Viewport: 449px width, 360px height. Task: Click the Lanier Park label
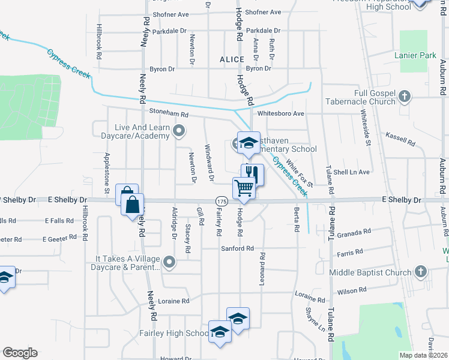415,55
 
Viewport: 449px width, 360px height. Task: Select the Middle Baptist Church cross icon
421,272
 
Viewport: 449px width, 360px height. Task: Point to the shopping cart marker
244,188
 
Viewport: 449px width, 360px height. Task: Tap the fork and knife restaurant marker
253,174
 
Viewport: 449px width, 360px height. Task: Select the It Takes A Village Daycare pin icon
170,262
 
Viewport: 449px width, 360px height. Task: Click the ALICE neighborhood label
232,59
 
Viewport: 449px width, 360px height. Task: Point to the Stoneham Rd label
169,114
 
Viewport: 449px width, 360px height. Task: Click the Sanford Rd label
237,248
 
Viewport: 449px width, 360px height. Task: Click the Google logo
20,353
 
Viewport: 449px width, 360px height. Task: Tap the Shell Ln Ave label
352,172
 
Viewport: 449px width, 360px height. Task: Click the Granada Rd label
354,233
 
